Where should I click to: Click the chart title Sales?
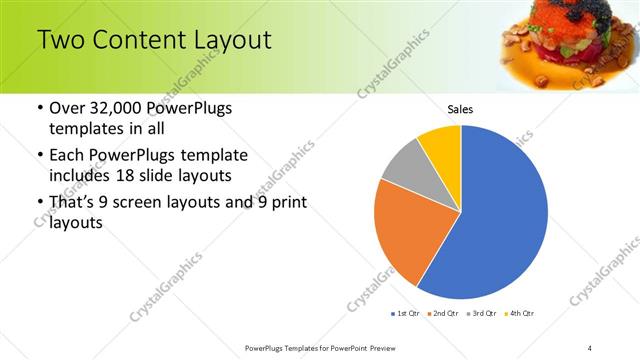[x=460, y=109]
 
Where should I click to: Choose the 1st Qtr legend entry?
[x=408, y=313]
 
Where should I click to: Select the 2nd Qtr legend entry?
[x=446, y=313]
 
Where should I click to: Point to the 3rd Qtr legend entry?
[x=484, y=313]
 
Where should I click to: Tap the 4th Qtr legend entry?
[x=522, y=313]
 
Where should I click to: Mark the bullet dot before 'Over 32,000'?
[x=39, y=108]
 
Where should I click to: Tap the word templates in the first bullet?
[x=88, y=129]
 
